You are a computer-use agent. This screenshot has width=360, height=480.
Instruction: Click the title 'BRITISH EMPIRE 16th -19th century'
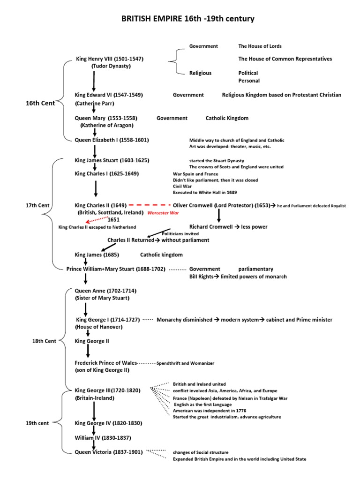pyautogui.click(x=187, y=19)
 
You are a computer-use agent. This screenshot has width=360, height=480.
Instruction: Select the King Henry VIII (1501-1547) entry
pyautogui.click(x=110, y=59)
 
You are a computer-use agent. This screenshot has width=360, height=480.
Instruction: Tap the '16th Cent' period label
pyautogui.click(x=40, y=103)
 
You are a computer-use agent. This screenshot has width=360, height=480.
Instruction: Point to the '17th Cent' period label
pyautogui.click(x=37, y=205)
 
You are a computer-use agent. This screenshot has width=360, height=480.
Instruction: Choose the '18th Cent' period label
pyautogui.click(x=44, y=341)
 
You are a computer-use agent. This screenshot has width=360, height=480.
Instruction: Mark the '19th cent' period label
pyautogui.click(x=37, y=423)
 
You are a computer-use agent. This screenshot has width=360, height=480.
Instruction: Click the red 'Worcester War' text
pyautogui.click(x=163, y=213)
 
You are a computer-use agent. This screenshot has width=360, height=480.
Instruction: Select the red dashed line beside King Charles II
pyautogui.click(x=150, y=205)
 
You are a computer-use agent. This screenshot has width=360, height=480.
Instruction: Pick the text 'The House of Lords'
pyautogui.click(x=260, y=46)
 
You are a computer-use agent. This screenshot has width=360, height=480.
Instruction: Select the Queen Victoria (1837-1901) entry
pyautogui.click(x=109, y=452)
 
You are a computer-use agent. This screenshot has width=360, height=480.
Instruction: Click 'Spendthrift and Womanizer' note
pyautogui.click(x=185, y=363)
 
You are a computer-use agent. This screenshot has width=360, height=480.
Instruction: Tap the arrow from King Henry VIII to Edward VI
pyautogui.click(x=94, y=81)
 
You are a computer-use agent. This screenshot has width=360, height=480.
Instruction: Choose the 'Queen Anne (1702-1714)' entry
pyautogui.click(x=105, y=291)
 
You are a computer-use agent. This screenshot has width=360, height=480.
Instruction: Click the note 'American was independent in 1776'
pyautogui.click(x=210, y=411)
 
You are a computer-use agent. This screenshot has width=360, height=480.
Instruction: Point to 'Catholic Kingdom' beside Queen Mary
pyautogui.click(x=227, y=118)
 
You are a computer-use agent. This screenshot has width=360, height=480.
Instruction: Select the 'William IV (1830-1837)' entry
pyautogui.click(x=103, y=438)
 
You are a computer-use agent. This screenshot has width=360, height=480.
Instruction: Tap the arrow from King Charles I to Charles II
pyautogui.click(x=96, y=188)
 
